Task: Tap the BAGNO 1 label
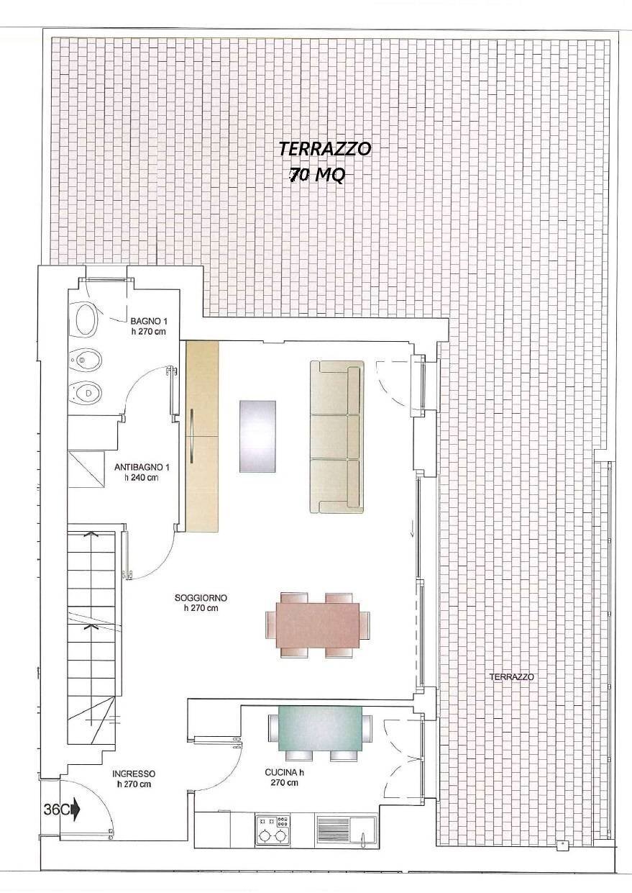(150, 326)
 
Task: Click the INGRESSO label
(134, 779)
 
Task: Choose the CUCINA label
(284, 778)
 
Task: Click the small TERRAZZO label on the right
(512, 676)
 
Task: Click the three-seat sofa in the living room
(336, 437)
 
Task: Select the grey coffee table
(257, 436)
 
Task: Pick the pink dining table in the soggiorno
(317, 625)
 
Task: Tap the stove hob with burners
(273, 830)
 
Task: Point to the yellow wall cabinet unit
(202, 436)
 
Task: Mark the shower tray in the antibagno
(87, 470)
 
